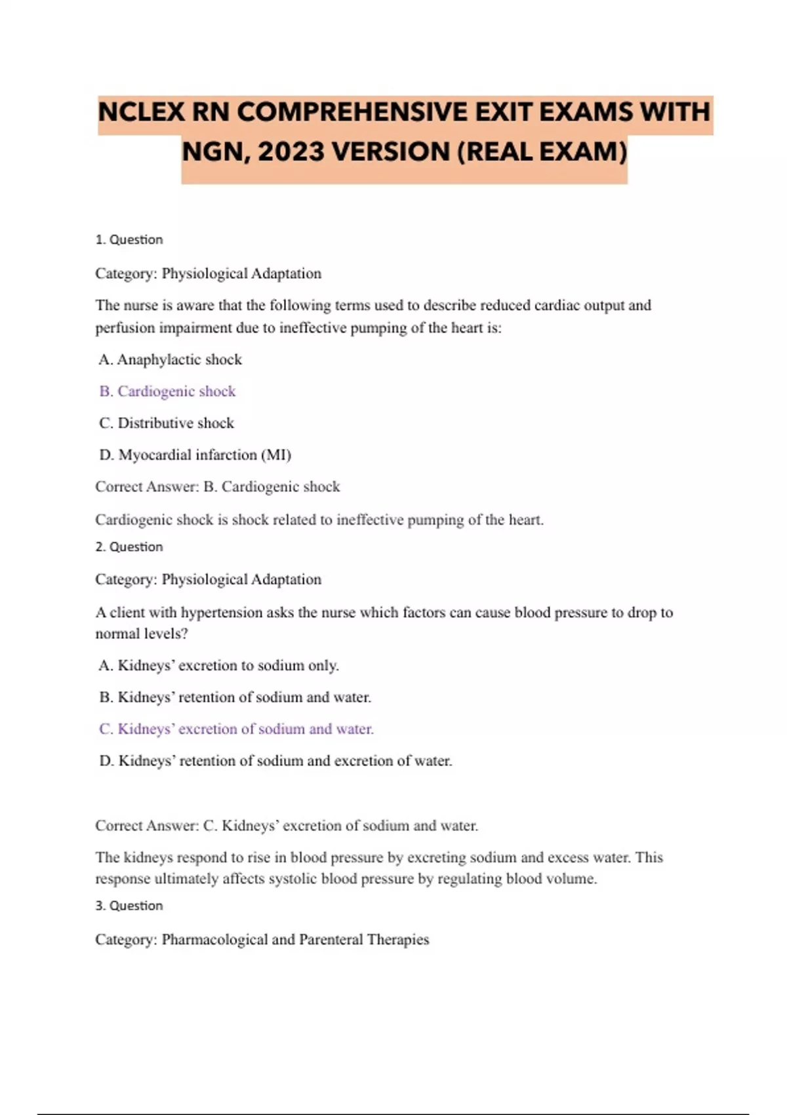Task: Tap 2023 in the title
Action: [291, 152]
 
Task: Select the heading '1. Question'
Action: [129, 239]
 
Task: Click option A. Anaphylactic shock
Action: [171, 359]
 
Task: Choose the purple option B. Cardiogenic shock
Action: [167, 392]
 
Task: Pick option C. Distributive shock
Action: [167, 423]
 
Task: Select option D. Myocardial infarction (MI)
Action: [195, 455]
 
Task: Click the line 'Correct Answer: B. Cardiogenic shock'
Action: [218, 487]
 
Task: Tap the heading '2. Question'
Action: [129, 546]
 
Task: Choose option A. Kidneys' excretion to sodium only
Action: [219, 666]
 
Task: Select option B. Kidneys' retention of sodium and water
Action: [235, 697]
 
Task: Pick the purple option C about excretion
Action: [237, 729]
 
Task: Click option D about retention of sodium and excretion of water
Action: [275, 761]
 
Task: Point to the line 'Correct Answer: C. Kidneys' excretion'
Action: [287, 826]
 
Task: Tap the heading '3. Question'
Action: [129, 905]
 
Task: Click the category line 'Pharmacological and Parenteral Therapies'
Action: [262, 940]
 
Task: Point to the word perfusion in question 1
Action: [125, 328]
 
